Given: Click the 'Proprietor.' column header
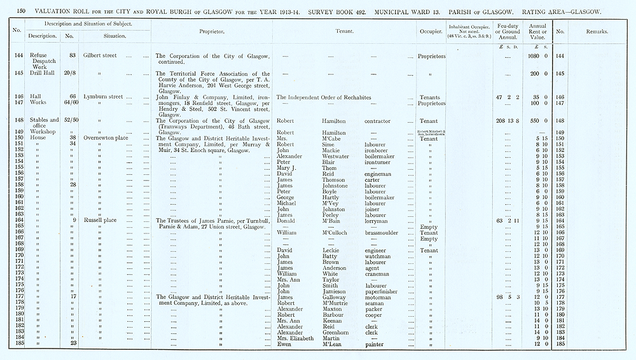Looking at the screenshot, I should [212, 31].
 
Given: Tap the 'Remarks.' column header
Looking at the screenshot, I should [597, 31].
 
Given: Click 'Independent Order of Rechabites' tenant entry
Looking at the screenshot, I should [340, 97].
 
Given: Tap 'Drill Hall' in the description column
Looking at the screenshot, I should [44, 73].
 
